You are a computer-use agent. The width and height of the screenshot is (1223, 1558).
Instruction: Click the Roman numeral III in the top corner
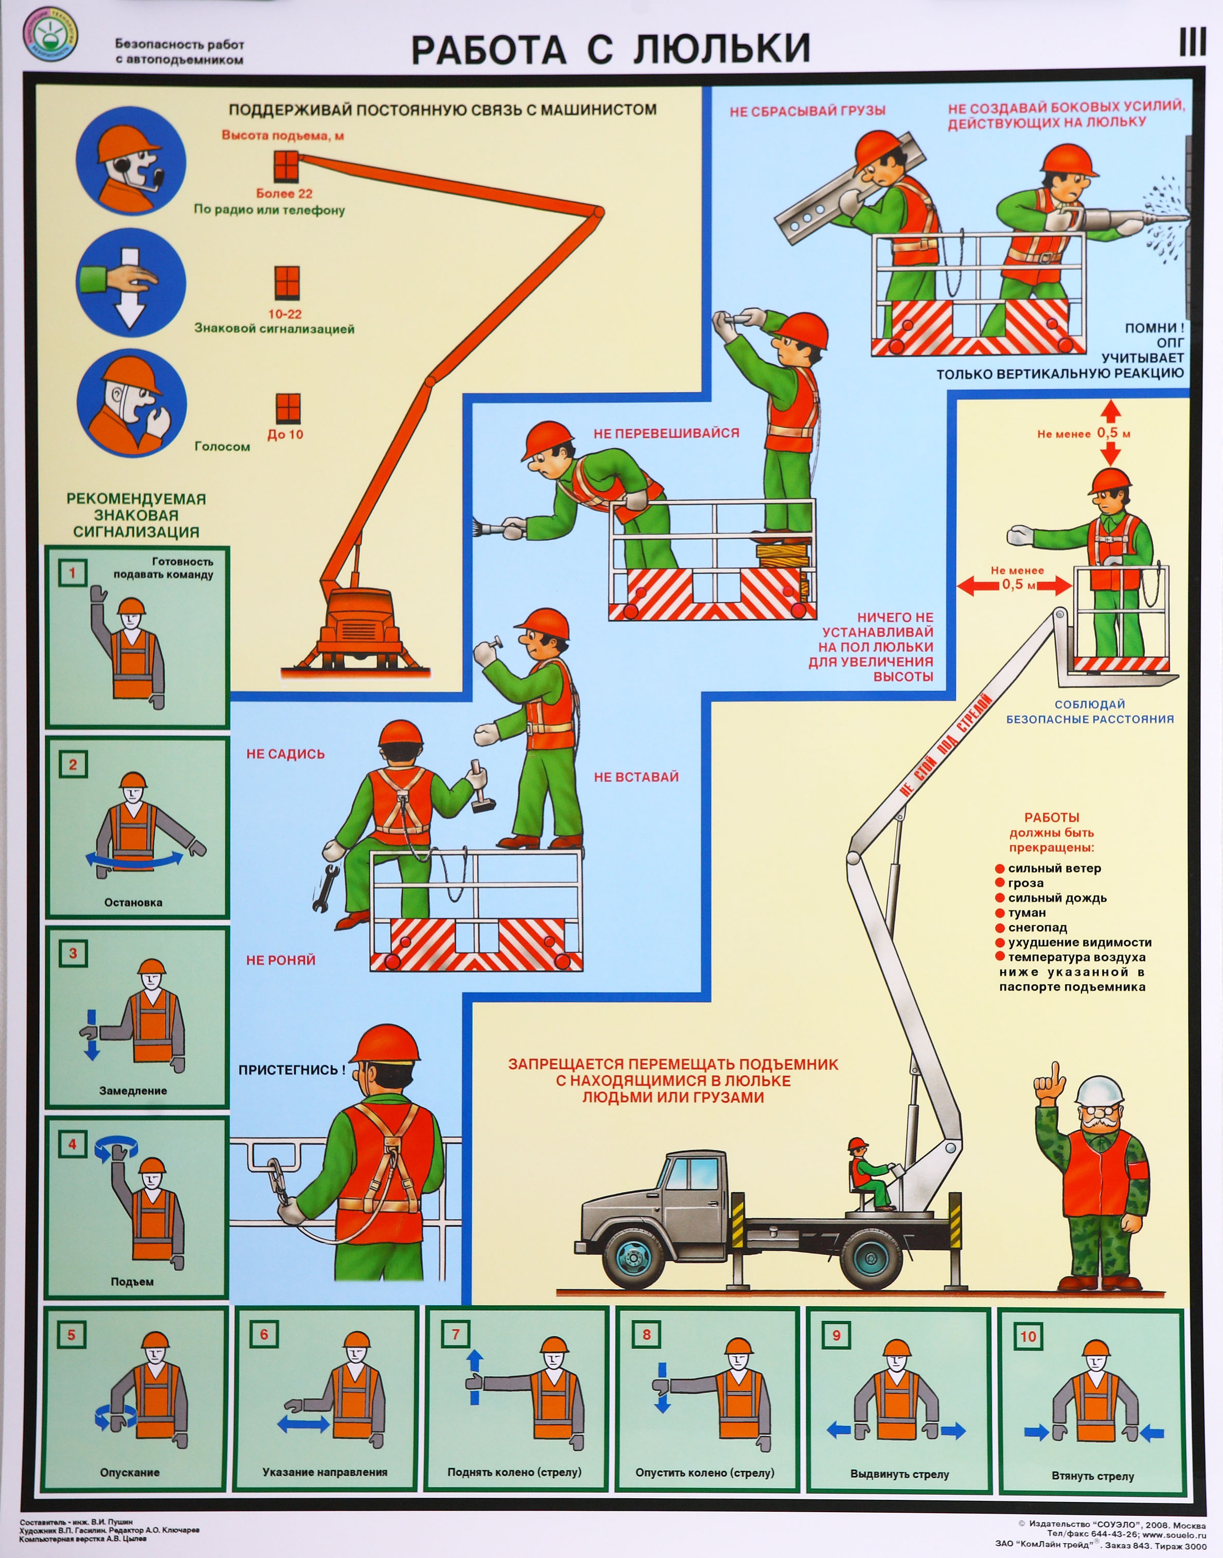pos(1192,44)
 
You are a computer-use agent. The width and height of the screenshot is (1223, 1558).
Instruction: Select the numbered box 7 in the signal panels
pos(455,1334)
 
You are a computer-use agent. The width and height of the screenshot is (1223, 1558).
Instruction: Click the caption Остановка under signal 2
pos(133,902)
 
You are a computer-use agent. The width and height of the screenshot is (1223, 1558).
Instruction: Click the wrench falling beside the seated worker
pos(322,888)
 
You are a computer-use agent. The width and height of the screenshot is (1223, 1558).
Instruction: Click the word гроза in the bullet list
pos(1026,883)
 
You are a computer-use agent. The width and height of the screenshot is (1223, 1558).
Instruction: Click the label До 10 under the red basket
pos(285,434)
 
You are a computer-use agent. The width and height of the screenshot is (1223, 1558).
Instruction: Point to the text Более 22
pos(284,193)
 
